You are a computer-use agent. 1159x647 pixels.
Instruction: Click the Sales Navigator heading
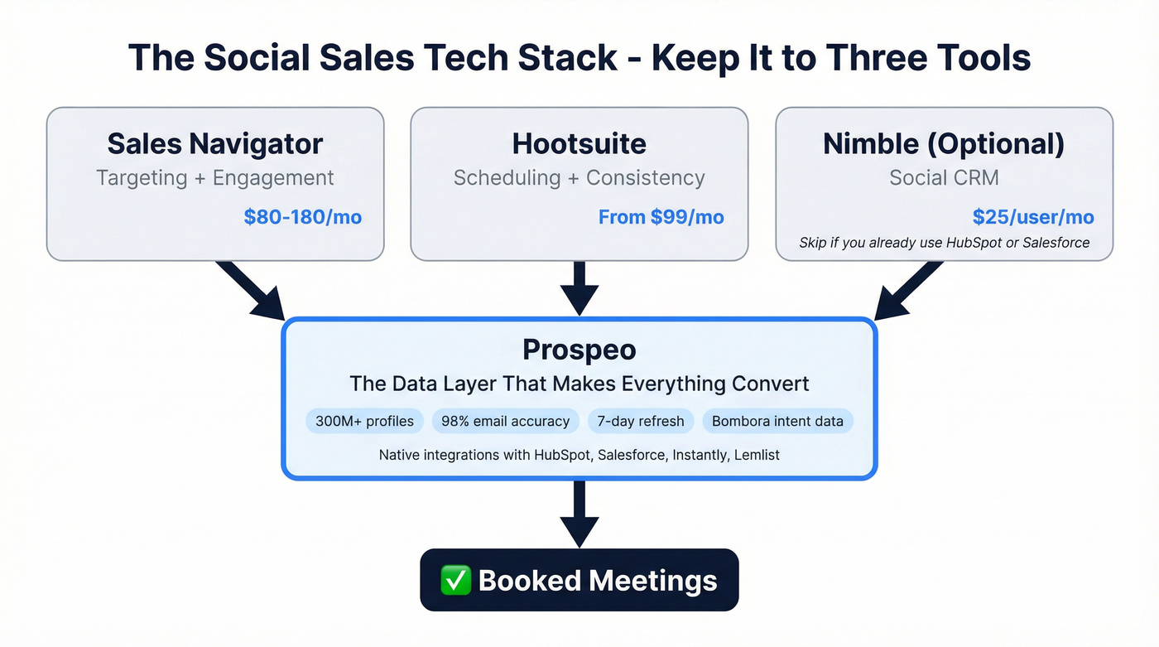215,144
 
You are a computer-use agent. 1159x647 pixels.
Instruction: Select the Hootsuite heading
579,144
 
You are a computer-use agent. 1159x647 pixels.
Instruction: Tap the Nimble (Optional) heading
944,144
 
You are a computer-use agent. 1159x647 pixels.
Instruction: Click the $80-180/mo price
303,217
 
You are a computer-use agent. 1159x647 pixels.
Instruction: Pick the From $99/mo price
661,217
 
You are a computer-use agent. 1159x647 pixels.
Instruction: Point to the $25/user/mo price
1033,217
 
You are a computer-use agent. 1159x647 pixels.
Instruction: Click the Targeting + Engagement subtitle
215,177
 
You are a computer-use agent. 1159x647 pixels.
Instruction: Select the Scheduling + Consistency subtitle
579,177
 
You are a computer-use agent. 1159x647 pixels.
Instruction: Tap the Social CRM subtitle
944,177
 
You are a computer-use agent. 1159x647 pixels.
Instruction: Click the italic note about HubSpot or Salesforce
944,243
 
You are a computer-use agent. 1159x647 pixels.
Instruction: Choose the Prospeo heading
579,350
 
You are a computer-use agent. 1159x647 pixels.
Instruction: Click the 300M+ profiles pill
365,421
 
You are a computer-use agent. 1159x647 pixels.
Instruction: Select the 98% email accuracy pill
505,421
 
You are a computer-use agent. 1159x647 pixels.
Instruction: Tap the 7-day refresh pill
641,421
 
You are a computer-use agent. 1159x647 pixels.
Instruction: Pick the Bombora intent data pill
777,421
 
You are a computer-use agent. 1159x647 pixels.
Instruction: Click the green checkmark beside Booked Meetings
455,580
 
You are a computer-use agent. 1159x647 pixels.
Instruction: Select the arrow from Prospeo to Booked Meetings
579,512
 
